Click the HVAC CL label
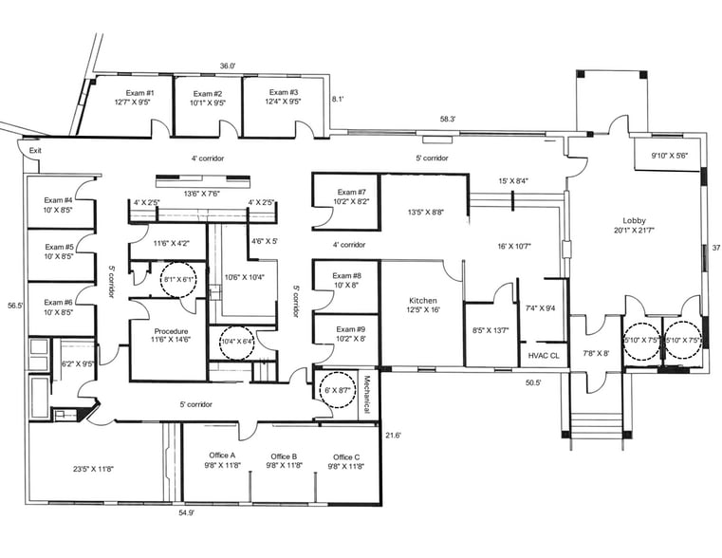[x=545, y=355]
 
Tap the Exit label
[x=35, y=151]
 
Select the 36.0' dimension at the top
[x=228, y=66]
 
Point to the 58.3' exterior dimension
[x=447, y=120]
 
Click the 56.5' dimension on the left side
[x=13, y=306]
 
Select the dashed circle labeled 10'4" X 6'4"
[x=237, y=343]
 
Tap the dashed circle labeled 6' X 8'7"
[x=337, y=390]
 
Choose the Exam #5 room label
[x=59, y=251]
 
